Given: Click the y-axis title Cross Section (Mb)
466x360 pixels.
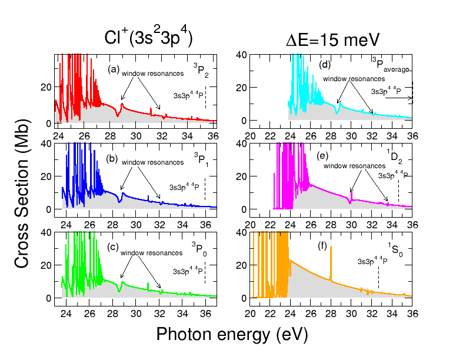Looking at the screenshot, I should [22, 176].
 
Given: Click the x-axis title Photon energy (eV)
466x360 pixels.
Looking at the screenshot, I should [232, 334].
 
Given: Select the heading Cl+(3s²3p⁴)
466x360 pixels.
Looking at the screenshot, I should [148, 37].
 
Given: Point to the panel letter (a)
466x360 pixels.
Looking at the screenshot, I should [114, 69].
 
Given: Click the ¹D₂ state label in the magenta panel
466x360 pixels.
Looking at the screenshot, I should [392, 156].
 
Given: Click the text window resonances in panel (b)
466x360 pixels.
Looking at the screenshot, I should [152, 162].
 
